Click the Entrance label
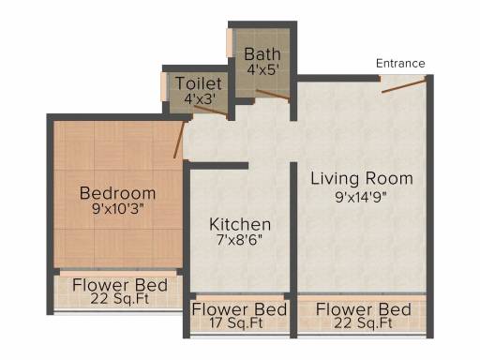pyautogui.click(x=400, y=64)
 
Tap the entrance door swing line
pyautogui.click(x=404, y=86)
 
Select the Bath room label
pyautogui.click(x=262, y=54)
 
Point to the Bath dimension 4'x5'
pyautogui.click(x=262, y=69)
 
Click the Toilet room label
pyautogui.click(x=199, y=83)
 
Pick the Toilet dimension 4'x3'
pyautogui.click(x=200, y=98)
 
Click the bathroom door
pyautogui.click(x=273, y=95)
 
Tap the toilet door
pyautogui.click(x=211, y=112)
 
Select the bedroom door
pyautogui.click(x=179, y=140)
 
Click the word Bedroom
pyautogui.click(x=117, y=193)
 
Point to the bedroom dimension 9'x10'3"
pyautogui.click(x=118, y=209)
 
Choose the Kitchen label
pyautogui.click(x=240, y=224)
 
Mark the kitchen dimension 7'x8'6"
pyautogui.click(x=240, y=240)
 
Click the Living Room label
pyautogui.click(x=362, y=179)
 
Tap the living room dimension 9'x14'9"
pyautogui.click(x=361, y=197)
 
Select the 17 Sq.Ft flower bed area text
pyautogui.click(x=236, y=322)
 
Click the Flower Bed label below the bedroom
pyautogui.click(x=120, y=285)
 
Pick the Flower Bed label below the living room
pyautogui.click(x=364, y=309)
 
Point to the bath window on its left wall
pyautogui.click(x=230, y=43)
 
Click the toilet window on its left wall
pyautogui.click(x=164, y=86)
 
